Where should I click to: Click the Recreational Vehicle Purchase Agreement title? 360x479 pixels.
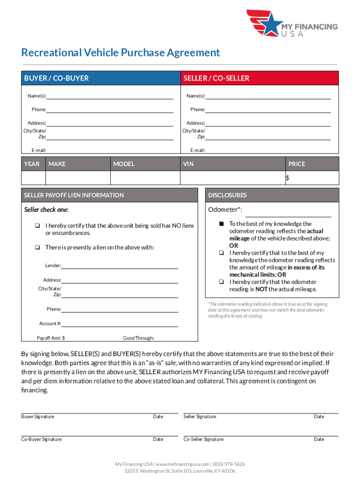tap(121, 52)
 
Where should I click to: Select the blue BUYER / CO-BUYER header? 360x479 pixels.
tap(100, 78)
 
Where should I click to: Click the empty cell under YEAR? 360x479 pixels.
tap(33, 178)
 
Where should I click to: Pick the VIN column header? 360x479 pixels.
tap(188, 164)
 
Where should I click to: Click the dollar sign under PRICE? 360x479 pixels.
tap(288, 178)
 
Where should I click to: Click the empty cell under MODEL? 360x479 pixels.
tap(145, 178)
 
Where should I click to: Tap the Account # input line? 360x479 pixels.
tap(120, 324)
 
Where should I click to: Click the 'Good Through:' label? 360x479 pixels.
tap(138, 338)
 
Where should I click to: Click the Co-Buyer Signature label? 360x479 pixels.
tap(42, 439)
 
